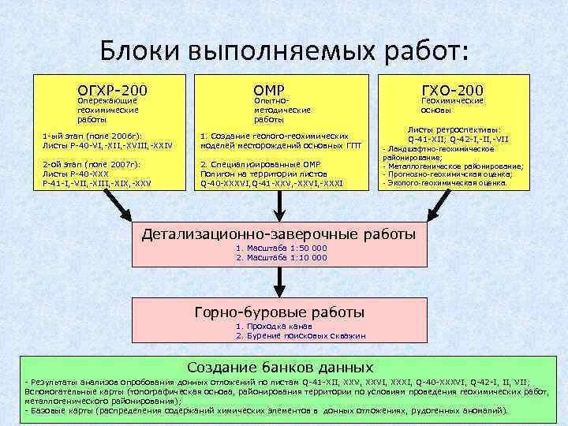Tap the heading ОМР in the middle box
coord(269,90)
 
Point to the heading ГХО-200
coord(452,90)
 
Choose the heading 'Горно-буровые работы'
coord(279,311)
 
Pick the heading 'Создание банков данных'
coord(279,368)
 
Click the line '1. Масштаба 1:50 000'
coord(281,248)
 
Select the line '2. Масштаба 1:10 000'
coord(281,257)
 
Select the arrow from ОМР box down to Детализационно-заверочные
coord(276,207)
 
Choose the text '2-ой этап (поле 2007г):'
coord(86,163)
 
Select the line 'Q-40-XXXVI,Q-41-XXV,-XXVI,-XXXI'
coord(271,182)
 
